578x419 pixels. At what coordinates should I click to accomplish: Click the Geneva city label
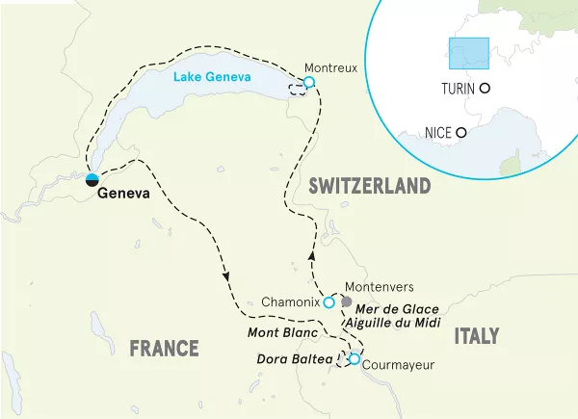click(123, 193)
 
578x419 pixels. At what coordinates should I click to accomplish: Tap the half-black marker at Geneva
click(92, 178)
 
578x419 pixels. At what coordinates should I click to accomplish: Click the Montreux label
click(330, 68)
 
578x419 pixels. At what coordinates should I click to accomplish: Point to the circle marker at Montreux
click(309, 83)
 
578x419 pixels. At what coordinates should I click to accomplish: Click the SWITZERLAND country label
click(369, 186)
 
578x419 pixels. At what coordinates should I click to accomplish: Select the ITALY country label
click(476, 335)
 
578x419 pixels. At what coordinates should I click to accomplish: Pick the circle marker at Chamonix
click(328, 302)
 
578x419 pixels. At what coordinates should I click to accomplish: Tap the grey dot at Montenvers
click(347, 301)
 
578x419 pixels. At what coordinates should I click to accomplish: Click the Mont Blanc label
click(284, 333)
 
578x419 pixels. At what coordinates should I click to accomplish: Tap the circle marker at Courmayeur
click(354, 360)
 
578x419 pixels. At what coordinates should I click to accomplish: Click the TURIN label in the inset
click(458, 88)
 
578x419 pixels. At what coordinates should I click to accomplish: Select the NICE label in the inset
click(438, 133)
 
